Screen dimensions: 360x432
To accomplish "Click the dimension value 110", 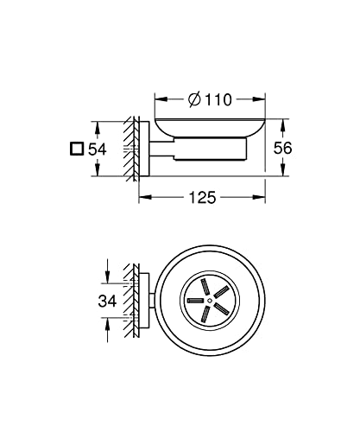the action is click(x=218, y=100).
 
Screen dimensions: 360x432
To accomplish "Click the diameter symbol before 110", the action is click(x=194, y=99).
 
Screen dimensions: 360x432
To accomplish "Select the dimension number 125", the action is click(x=202, y=198).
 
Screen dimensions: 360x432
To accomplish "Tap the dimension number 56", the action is click(x=282, y=148).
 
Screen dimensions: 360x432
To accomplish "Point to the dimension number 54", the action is click(x=98, y=149).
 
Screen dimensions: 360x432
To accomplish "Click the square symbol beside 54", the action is click(x=77, y=149).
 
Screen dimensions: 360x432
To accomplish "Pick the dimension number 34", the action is click(x=107, y=302).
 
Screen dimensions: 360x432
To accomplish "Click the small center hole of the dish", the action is click(x=210, y=301).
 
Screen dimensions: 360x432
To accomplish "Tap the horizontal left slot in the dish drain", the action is click(x=195, y=301).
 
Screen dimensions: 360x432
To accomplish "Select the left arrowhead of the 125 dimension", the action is click(x=145, y=197).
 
